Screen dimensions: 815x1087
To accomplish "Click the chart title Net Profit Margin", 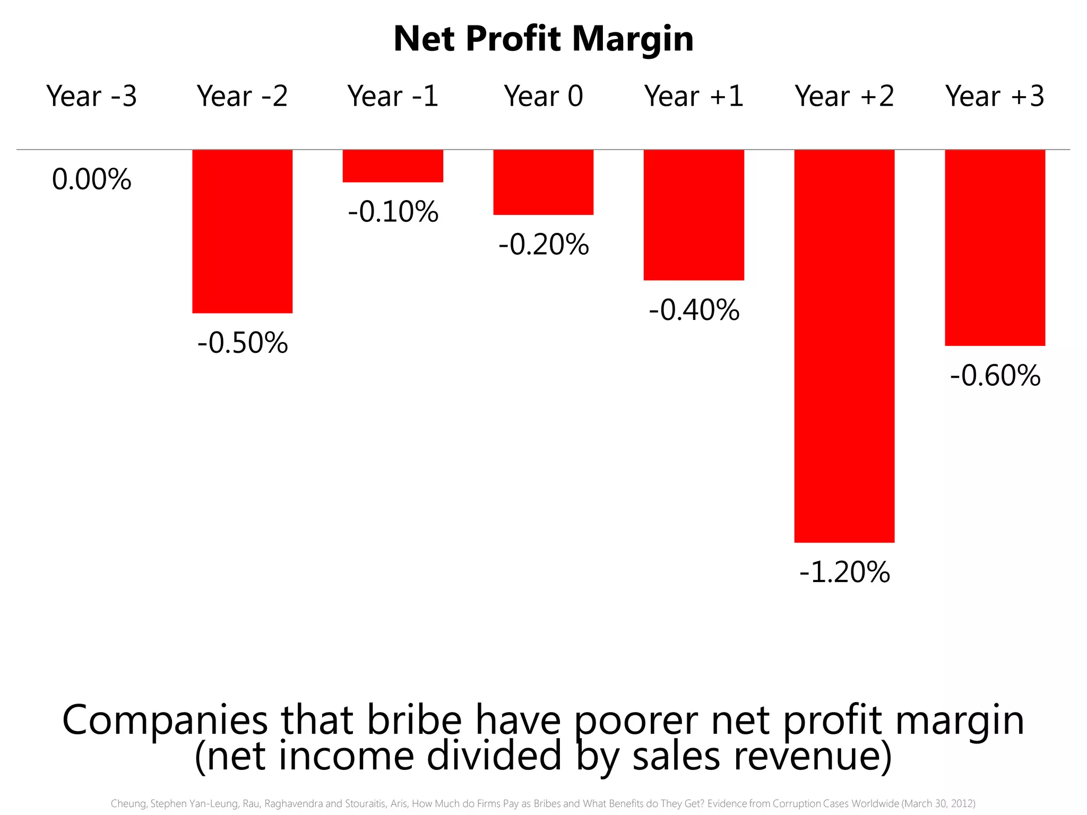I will coord(543,39).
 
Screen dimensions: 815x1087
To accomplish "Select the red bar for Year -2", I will coord(242,231).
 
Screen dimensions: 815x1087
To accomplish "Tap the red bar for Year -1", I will coord(393,166).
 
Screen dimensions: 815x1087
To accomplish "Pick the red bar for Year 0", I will coord(543,183).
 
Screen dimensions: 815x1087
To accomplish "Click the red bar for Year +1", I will coord(694,215).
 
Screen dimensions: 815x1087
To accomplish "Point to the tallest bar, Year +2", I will coord(844,346).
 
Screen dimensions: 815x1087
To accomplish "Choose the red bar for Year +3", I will coord(995,248).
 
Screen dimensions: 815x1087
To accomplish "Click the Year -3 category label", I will coord(92,97).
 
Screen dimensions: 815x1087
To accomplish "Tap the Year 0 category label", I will coord(543,97).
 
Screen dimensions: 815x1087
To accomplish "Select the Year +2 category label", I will coord(844,97).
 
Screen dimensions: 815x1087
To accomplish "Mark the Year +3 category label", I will coord(995,97).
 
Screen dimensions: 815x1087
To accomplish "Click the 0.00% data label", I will coord(92,180).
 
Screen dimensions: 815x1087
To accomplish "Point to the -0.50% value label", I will coord(243,343).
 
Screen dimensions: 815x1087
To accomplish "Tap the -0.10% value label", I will coord(393,212).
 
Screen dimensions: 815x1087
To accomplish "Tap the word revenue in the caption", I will coord(808,756).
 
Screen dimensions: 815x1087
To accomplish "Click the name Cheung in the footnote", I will coord(128,804).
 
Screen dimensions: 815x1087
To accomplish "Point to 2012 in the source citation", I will coord(961,804).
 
